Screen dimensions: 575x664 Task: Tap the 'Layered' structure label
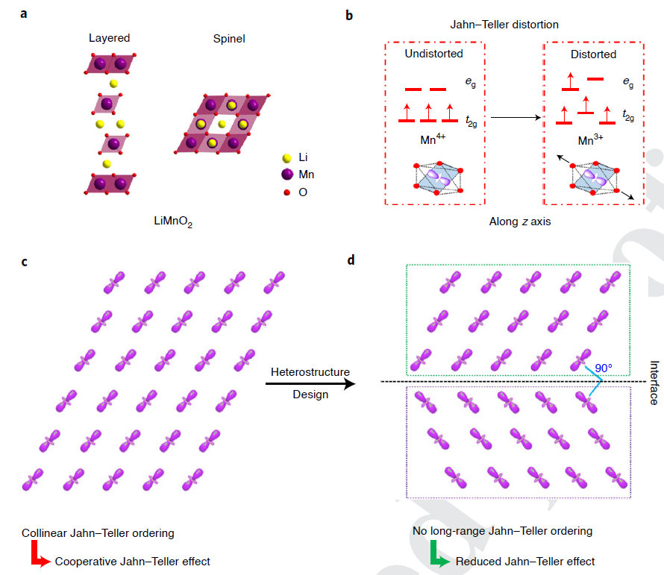tap(109, 38)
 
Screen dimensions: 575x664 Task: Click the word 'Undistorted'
tap(433, 54)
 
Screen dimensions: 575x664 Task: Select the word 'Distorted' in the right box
tap(593, 54)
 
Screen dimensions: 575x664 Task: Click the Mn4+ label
tap(434, 139)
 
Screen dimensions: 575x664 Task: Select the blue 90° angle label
tap(604, 368)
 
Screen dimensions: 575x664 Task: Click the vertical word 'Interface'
tap(654, 384)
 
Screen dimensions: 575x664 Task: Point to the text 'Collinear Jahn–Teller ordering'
tap(98, 533)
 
